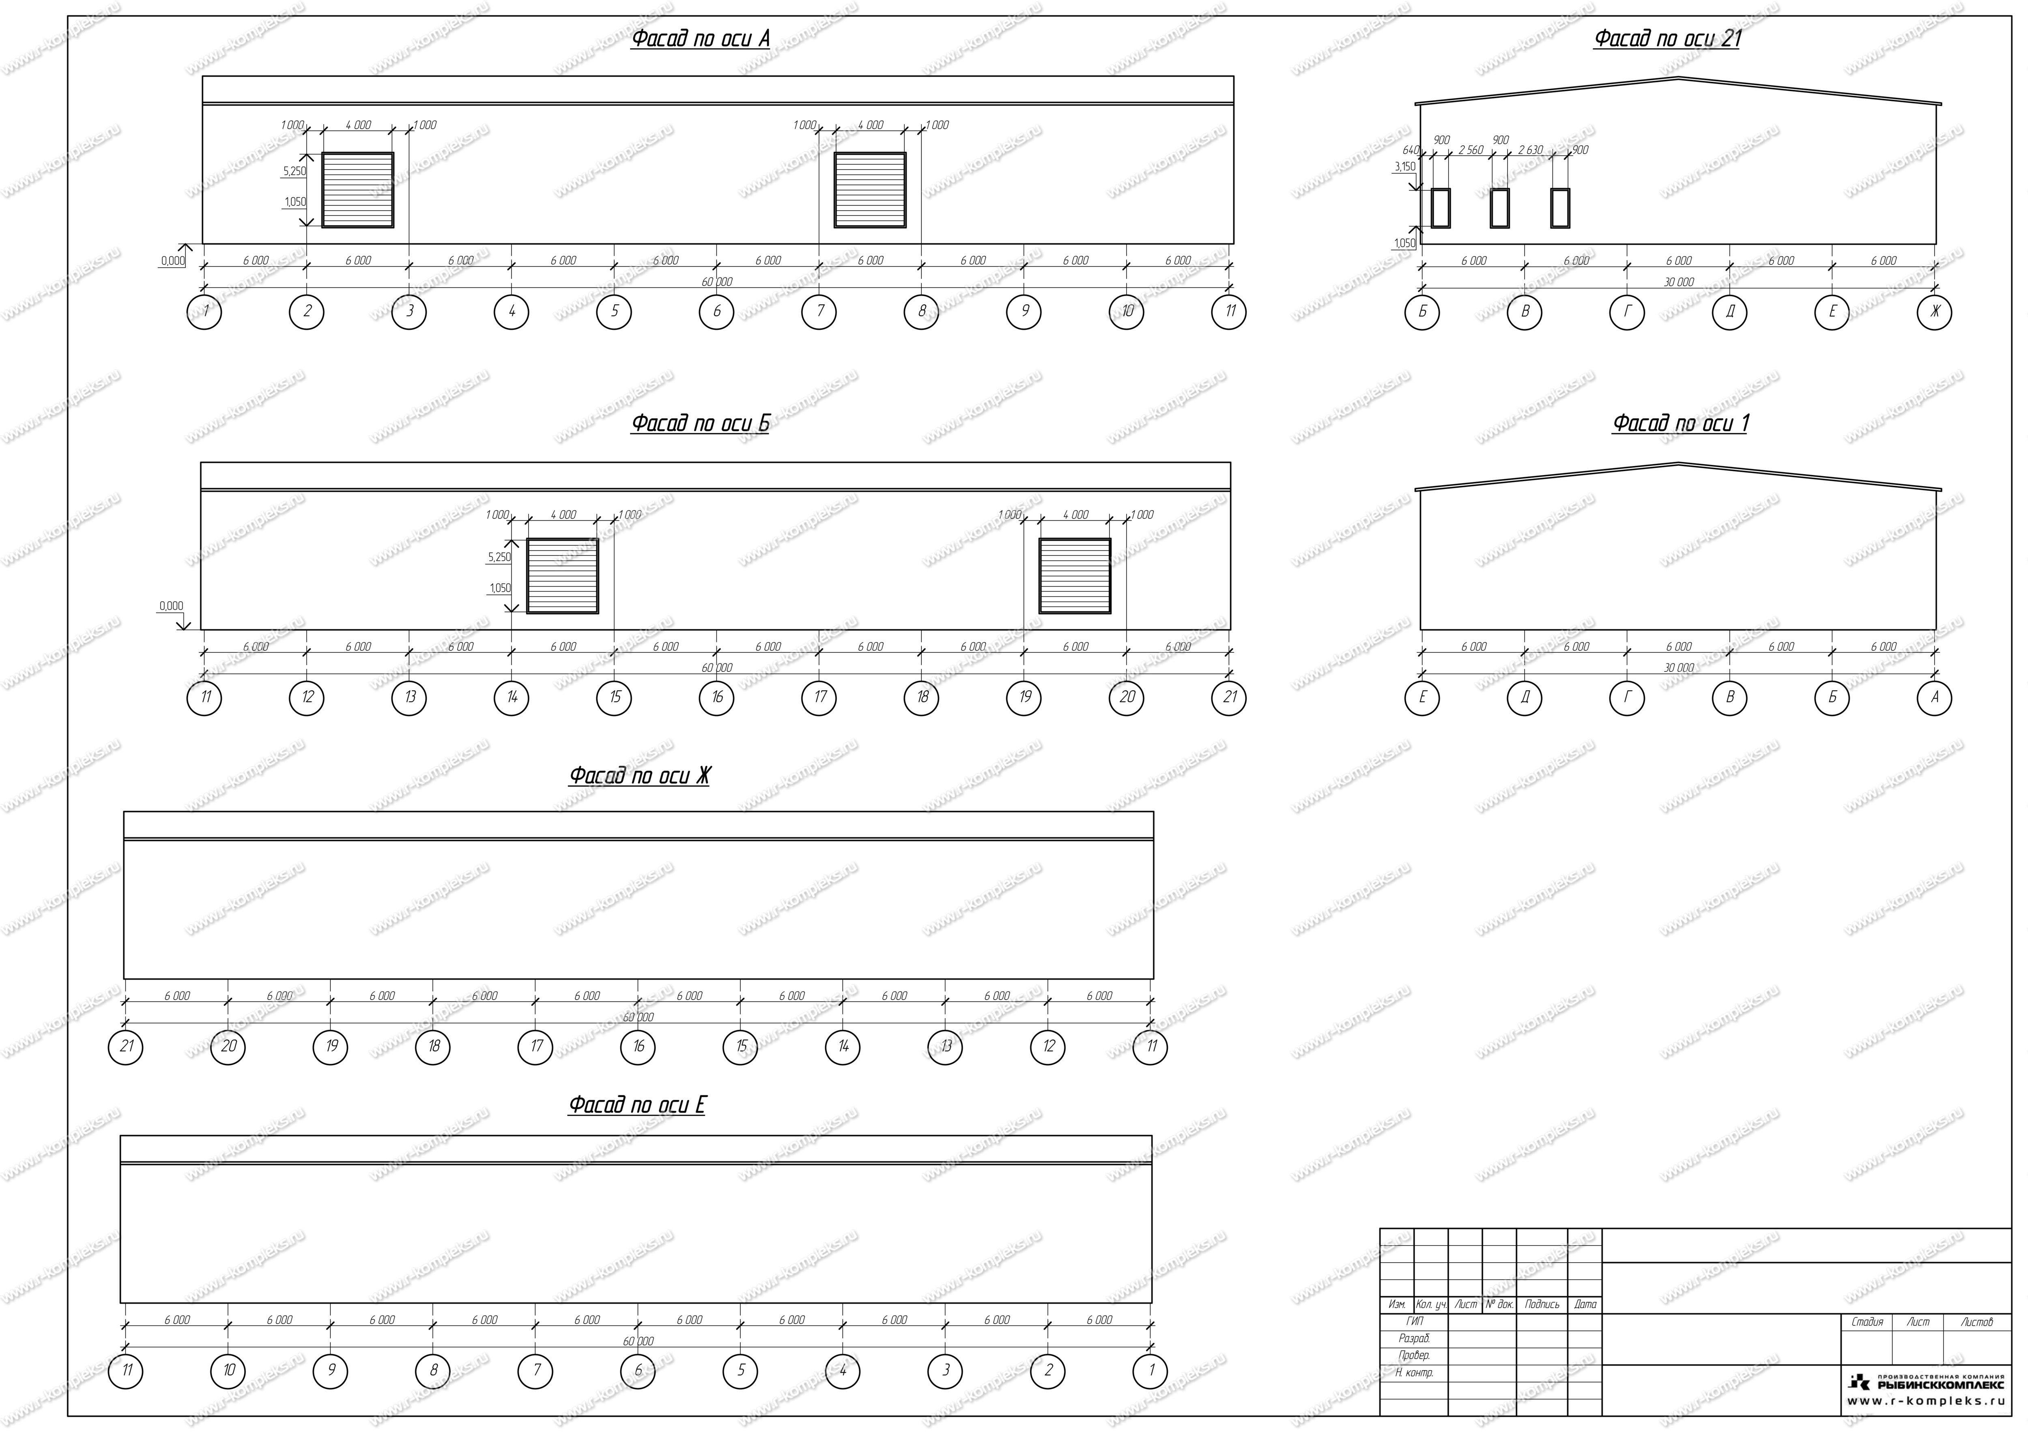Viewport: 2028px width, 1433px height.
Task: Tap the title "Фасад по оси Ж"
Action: [639, 776]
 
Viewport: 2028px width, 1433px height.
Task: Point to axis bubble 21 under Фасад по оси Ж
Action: [125, 1047]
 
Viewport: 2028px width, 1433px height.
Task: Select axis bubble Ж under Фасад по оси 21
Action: [1934, 312]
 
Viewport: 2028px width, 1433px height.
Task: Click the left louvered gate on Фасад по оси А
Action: [358, 190]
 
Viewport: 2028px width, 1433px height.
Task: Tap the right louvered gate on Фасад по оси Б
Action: [1075, 576]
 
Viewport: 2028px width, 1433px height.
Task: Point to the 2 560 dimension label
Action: [1471, 150]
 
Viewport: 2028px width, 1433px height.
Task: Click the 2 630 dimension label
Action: [1531, 150]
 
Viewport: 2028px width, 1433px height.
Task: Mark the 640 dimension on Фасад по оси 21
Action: [1411, 150]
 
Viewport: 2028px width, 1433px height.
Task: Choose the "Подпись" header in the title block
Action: [1542, 1304]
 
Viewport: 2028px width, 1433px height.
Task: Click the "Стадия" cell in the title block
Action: [1867, 1323]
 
